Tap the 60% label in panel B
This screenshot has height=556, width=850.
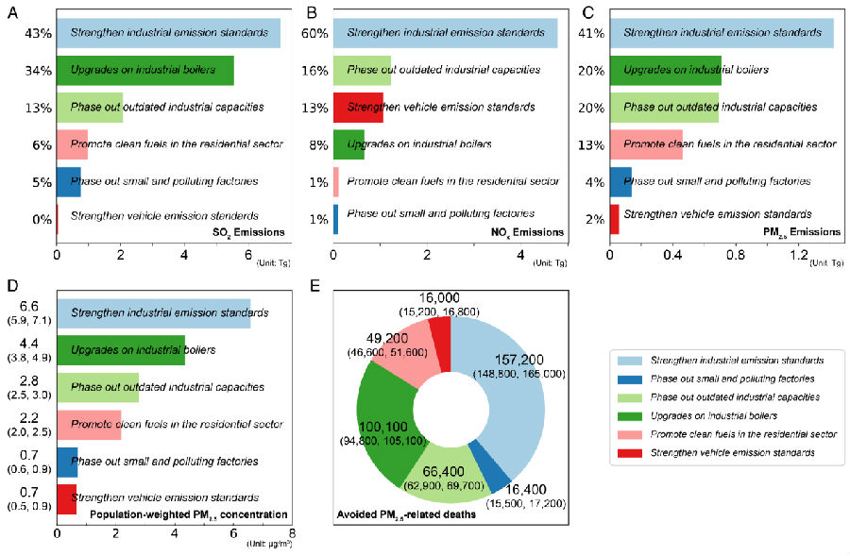coord(314,34)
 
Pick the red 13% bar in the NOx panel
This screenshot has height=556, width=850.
coord(358,108)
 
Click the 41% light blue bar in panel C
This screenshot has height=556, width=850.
coord(722,34)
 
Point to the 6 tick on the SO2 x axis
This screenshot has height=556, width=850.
coord(248,254)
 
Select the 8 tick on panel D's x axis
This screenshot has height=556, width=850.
coord(292,532)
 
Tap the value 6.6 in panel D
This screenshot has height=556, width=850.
coord(28,307)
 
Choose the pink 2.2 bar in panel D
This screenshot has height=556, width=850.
coord(89,424)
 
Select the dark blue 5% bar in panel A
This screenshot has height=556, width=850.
coord(69,181)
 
